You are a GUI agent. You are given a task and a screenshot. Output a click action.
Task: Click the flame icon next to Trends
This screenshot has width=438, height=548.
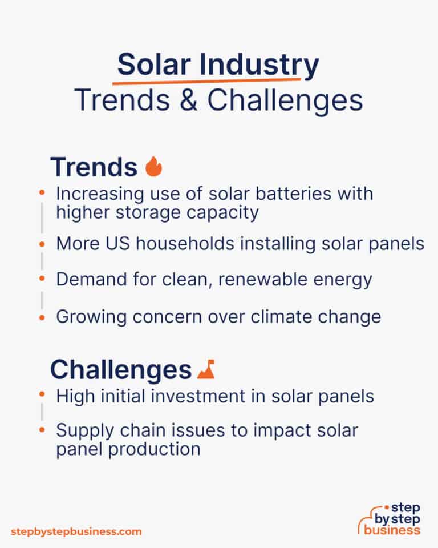point(154,167)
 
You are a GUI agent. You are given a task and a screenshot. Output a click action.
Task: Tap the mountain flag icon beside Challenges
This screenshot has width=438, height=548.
point(205,370)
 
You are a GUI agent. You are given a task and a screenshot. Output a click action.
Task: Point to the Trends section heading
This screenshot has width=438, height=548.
point(94,167)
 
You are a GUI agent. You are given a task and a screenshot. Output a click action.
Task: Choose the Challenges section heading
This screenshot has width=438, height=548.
point(120,370)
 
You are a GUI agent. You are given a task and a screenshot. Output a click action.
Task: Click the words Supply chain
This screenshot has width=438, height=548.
point(109,430)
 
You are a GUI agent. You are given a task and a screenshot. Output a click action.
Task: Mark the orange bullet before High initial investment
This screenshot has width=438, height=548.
point(42,395)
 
